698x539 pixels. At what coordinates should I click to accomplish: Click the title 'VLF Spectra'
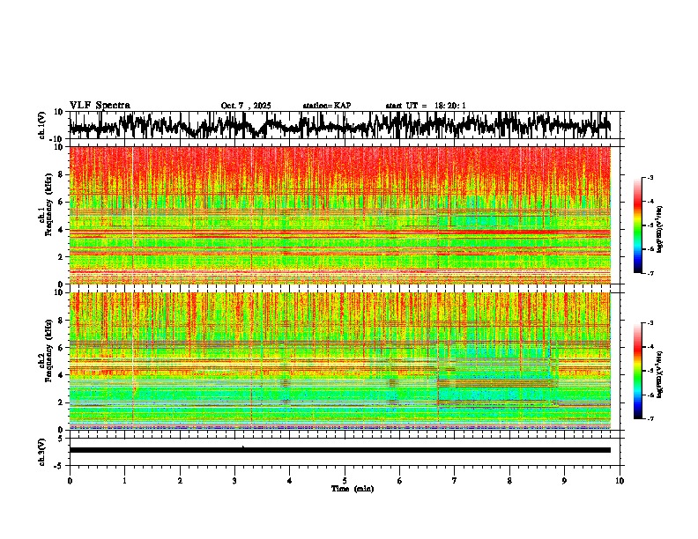100,105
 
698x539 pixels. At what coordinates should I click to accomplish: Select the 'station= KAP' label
327,106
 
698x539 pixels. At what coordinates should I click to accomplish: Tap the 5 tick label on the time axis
345,480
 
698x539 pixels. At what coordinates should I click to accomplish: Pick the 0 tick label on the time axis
70,480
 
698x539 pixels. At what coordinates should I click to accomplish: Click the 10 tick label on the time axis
620,480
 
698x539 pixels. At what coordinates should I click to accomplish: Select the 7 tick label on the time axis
455,480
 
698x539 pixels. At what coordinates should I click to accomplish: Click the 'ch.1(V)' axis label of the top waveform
42,125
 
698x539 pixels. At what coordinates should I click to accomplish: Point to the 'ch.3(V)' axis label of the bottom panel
42,450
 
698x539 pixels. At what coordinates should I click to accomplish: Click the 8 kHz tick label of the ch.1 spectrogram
62,174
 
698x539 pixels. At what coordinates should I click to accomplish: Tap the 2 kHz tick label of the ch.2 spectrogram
62,402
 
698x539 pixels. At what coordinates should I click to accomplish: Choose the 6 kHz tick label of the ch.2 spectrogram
62,348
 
